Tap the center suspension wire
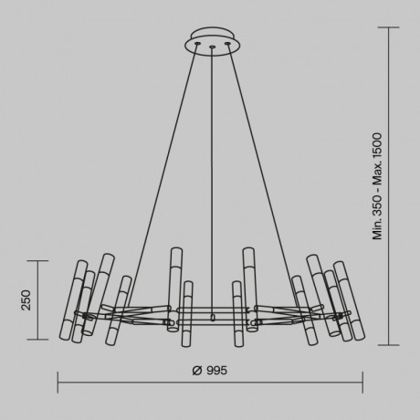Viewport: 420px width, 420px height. click(x=211, y=183)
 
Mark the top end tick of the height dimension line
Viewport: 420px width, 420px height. click(x=394, y=27)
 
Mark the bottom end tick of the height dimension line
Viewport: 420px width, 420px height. click(x=394, y=346)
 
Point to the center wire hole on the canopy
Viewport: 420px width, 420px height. click(x=211, y=44)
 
